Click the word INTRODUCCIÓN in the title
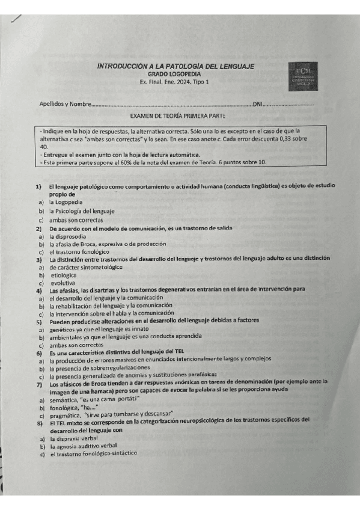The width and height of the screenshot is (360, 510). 123,66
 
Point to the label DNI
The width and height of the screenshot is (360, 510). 258,104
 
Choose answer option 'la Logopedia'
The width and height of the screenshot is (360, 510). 66,203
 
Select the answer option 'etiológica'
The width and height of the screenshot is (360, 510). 64,274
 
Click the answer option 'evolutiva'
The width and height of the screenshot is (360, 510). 63,282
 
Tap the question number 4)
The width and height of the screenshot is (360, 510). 38,290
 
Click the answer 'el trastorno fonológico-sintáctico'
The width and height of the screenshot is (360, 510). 93,455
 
